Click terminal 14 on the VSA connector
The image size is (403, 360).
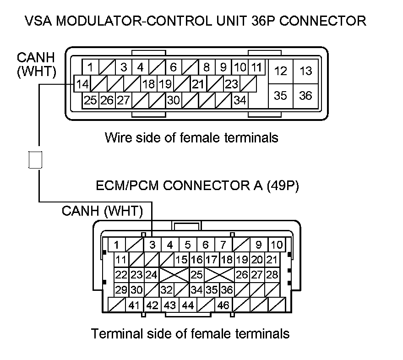pyautogui.click(x=82, y=85)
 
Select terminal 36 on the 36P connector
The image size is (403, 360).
pyautogui.click(x=305, y=95)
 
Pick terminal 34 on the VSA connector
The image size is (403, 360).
pyautogui.click(x=240, y=100)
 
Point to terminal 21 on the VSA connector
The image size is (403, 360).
pyautogui.click(x=198, y=84)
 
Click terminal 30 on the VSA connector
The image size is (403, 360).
pyautogui.click(x=173, y=100)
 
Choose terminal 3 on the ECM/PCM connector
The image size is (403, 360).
pyautogui.click(x=152, y=245)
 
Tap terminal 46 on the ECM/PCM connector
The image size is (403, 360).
pyautogui.click(x=223, y=305)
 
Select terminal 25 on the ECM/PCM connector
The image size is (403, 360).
pyautogui.click(x=196, y=275)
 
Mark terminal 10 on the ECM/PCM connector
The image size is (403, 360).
pyautogui.click(x=276, y=245)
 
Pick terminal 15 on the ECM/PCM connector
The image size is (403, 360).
pyautogui.click(x=181, y=260)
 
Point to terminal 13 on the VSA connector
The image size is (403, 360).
pyautogui.click(x=305, y=71)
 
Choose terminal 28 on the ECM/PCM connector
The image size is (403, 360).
pyautogui.click(x=272, y=275)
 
